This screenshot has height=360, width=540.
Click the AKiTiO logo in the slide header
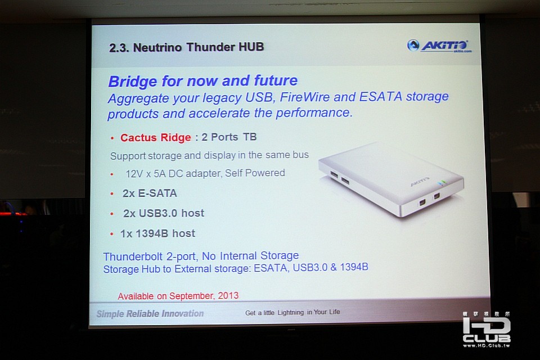(x=439, y=46)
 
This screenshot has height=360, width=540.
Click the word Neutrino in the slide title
(x=157, y=47)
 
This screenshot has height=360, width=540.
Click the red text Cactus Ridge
(x=155, y=137)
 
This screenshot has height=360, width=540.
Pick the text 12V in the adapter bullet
(x=134, y=174)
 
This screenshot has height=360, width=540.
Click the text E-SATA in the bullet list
(x=157, y=193)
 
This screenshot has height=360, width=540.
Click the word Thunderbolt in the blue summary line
(x=133, y=256)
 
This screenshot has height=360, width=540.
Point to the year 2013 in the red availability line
(x=228, y=295)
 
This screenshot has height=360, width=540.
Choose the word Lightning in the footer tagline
(x=291, y=312)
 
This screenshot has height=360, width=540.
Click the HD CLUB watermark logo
(x=486, y=330)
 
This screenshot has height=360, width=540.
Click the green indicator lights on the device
(x=441, y=183)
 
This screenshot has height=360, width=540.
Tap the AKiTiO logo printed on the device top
(x=420, y=181)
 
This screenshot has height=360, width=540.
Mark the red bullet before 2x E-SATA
(x=112, y=194)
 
